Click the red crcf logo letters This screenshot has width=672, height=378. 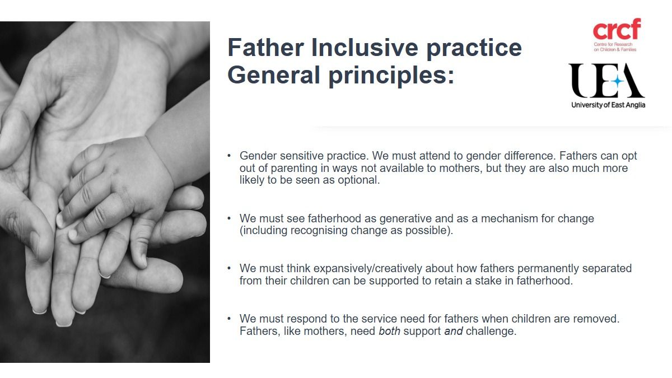click(x=617, y=29)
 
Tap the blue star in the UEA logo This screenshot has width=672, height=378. click(x=617, y=81)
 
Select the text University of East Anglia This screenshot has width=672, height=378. click(x=608, y=105)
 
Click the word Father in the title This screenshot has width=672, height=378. click(x=265, y=48)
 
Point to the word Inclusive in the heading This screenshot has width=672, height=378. click(x=365, y=48)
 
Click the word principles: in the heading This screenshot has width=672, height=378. click(x=391, y=76)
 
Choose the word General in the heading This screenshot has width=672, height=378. click(x=274, y=74)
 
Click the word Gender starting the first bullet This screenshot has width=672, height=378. click(x=258, y=156)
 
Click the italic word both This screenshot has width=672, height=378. click(x=389, y=331)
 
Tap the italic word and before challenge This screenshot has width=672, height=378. click(x=453, y=331)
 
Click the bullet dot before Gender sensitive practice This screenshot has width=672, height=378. click(x=229, y=156)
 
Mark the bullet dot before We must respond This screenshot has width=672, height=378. click(x=229, y=319)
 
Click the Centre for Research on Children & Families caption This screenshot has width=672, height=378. click(x=615, y=47)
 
